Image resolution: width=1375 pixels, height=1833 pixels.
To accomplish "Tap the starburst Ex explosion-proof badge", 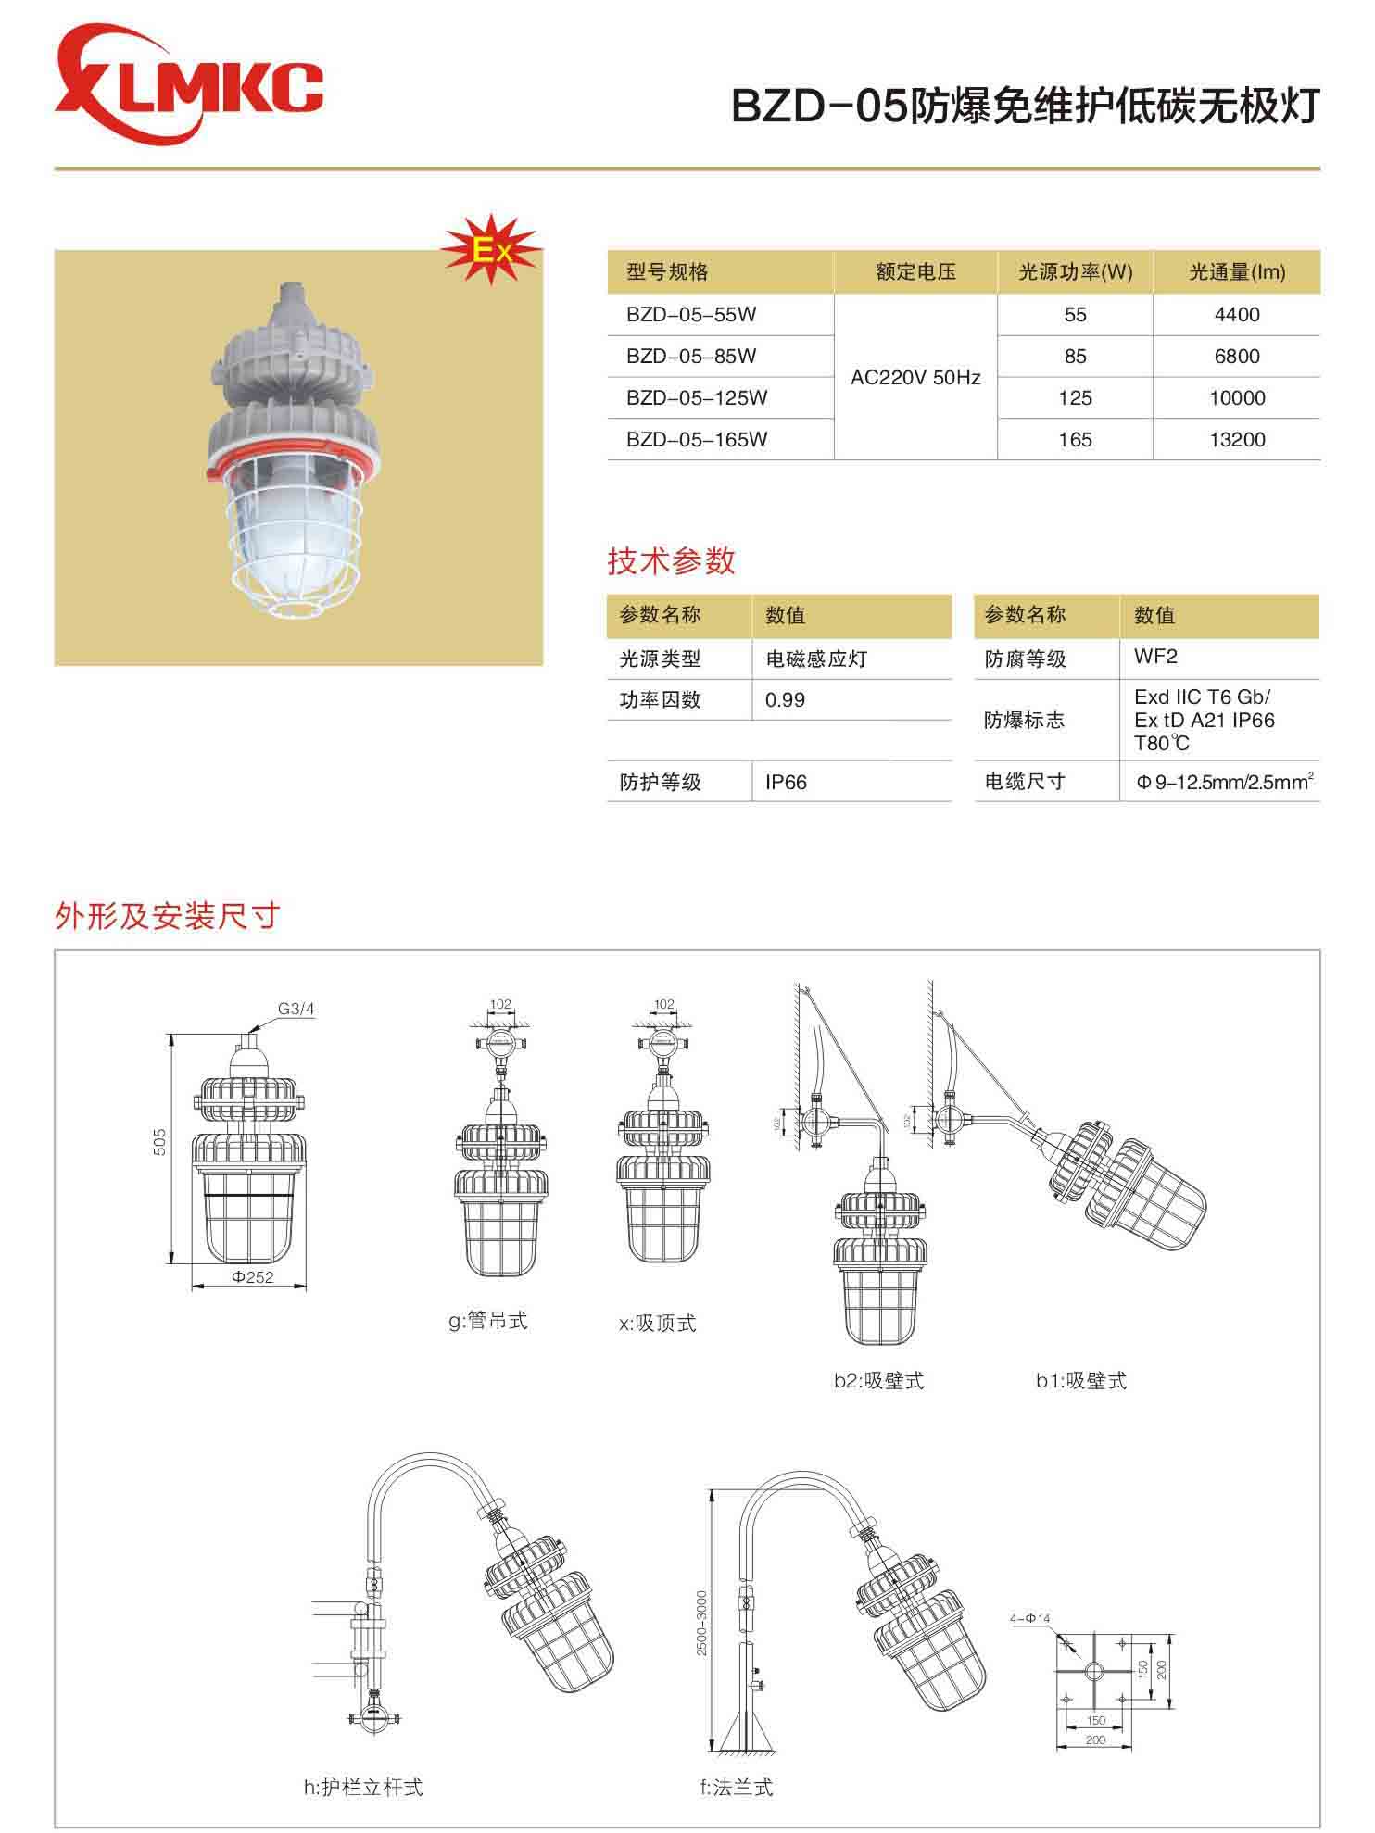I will [x=490, y=249].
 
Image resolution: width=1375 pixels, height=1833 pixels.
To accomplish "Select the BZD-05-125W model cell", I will [x=697, y=398].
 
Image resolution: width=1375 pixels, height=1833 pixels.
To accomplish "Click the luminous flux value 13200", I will [x=1237, y=439].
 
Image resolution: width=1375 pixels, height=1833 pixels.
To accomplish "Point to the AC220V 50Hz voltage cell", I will [x=915, y=378].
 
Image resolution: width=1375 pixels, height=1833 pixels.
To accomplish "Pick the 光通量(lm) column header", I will [x=1237, y=272].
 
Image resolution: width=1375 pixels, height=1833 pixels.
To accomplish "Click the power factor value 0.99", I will [x=785, y=700].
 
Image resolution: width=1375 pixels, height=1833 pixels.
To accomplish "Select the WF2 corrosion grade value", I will [x=1155, y=657].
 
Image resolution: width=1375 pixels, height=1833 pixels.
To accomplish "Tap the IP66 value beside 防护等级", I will [x=786, y=783].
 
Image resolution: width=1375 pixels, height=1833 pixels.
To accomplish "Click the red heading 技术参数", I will [x=671, y=561].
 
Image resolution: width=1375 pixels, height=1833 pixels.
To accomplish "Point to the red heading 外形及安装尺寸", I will [x=168, y=916].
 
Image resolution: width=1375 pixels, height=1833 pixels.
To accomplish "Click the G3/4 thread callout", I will [x=296, y=1010].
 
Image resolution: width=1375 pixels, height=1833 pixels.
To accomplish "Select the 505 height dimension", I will [x=160, y=1141].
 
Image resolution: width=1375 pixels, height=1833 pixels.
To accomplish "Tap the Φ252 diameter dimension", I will [x=252, y=1277].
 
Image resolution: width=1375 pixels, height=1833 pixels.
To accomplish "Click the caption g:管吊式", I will [x=487, y=1321].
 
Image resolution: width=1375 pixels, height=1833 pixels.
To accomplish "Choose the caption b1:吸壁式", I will [x=1080, y=1381].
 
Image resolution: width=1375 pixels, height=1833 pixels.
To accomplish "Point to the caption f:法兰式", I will [x=736, y=1787].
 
